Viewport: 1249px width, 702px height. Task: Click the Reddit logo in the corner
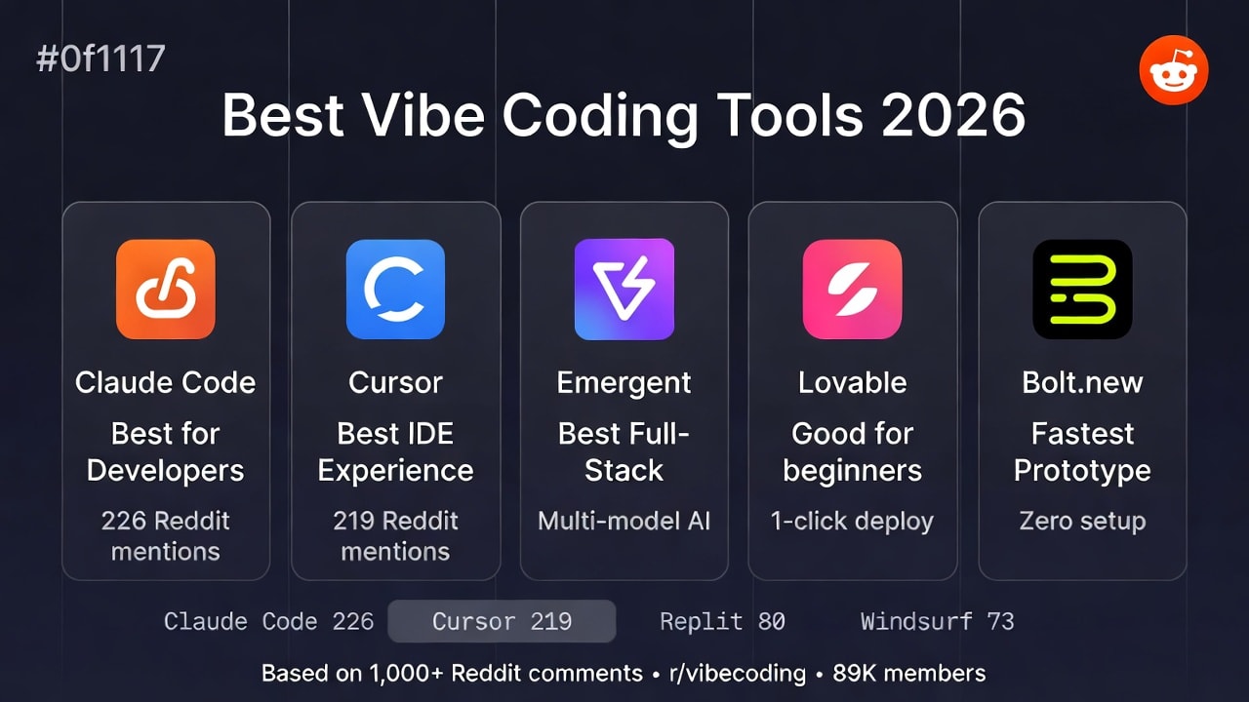click(x=1174, y=70)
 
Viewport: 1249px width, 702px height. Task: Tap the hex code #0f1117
click(x=101, y=59)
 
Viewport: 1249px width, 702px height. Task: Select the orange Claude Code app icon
click(x=165, y=290)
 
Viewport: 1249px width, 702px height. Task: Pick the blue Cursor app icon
click(x=395, y=290)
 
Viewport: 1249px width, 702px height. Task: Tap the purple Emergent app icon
click(x=624, y=290)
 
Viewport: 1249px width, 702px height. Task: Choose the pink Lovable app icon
click(x=852, y=290)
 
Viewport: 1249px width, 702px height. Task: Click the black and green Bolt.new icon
click(x=1082, y=290)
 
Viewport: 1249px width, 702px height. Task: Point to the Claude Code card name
click(x=165, y=382)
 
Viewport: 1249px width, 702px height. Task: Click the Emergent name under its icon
click(x=624, y=382)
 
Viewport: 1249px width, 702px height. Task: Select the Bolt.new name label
click(x=1082, y=382)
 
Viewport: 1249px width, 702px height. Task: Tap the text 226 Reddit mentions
click(x=165, y=535)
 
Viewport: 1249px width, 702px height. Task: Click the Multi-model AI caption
click(x=624, y=521)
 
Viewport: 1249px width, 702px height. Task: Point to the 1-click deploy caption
click(x=852, y=521)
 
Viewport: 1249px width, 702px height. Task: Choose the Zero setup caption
click(x=1082, y=521)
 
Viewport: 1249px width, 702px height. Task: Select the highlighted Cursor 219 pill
click(x=502, y=621)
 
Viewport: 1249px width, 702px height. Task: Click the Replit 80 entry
click(x=722, y=621)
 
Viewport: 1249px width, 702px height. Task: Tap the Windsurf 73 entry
click(x=937, y=621)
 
